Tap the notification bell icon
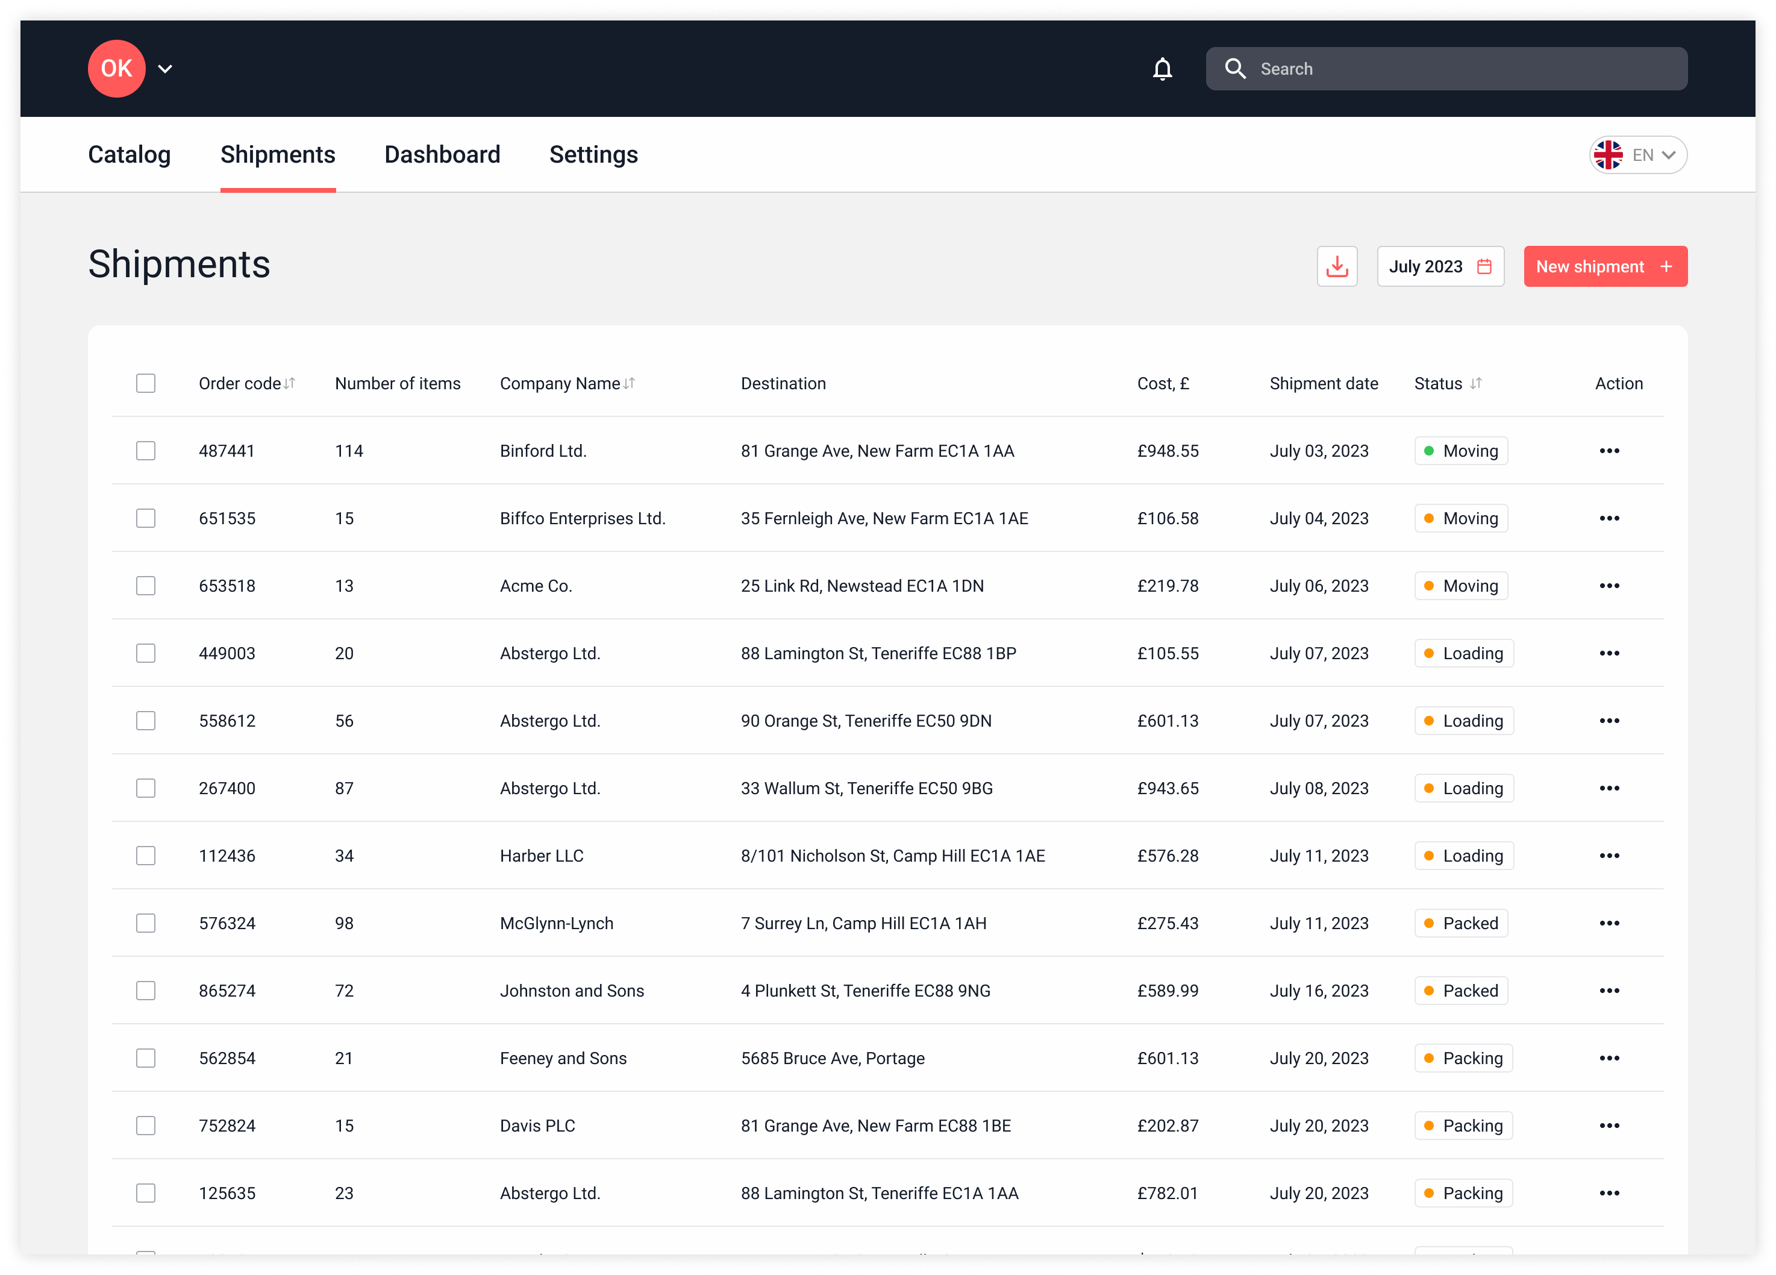[1162, 69]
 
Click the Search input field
[1457, 69]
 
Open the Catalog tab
[129, 154]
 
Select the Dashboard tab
[442, 154]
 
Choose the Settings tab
[593, 154]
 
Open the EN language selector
[1637, 155]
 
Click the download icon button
[1337, 266]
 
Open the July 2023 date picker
[1439, 266]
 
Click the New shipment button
[1604, 266]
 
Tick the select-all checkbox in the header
[146, 383]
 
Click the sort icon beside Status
[1475, 383]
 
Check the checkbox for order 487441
[146, 450]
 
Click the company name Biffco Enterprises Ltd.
[583, 518]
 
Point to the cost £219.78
[1168, 586]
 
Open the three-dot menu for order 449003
[1609, 653]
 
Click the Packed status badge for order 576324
[1460, 923]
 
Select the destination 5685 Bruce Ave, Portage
[833, 1058]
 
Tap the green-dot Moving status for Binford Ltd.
[1460, 450]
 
